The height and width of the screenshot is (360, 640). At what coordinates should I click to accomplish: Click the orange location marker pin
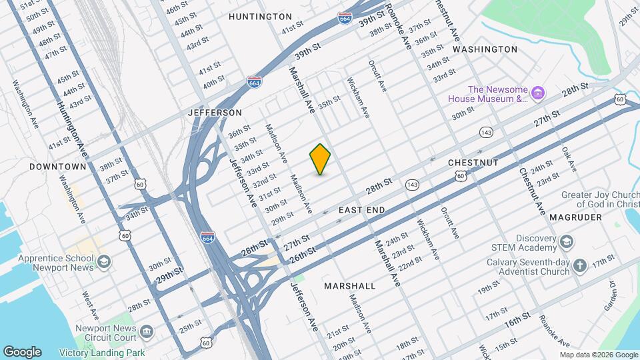click(321, 159)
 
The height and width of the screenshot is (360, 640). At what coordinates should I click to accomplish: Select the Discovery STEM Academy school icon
click(566, 241)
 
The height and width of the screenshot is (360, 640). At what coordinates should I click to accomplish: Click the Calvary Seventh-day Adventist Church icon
click(581, 266)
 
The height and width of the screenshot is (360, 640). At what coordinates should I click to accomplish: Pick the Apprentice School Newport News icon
click(103, 263)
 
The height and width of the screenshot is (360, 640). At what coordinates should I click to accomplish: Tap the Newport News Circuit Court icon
click(147, 331)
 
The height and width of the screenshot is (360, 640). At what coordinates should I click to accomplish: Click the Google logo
click(22, 351)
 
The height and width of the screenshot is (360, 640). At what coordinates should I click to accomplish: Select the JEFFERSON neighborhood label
click(215, 113)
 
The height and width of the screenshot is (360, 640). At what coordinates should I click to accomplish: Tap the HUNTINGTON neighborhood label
click(260, 16)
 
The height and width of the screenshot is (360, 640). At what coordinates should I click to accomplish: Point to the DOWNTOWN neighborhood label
click(58, 166)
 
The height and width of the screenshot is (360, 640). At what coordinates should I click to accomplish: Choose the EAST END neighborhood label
click(361, 210)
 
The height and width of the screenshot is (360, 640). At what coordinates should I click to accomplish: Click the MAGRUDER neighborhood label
click(576, 217)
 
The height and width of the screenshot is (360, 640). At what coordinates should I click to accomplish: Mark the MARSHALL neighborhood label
click(350, 285)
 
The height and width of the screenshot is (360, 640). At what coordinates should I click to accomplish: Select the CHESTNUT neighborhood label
click(473, 163)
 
